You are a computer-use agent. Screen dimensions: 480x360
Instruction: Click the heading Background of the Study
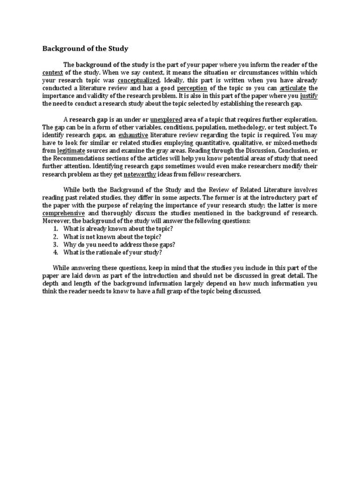coord(85,48)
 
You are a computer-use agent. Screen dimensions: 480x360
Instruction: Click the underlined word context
coord(52,73)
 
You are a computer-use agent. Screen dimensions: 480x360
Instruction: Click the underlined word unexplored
coord(166,120)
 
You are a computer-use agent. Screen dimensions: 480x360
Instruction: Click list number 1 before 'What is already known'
coord(55,228)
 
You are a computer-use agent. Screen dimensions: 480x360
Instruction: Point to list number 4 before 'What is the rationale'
coord(55,252)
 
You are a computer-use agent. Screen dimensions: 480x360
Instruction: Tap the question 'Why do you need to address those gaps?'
coord(120,244)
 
